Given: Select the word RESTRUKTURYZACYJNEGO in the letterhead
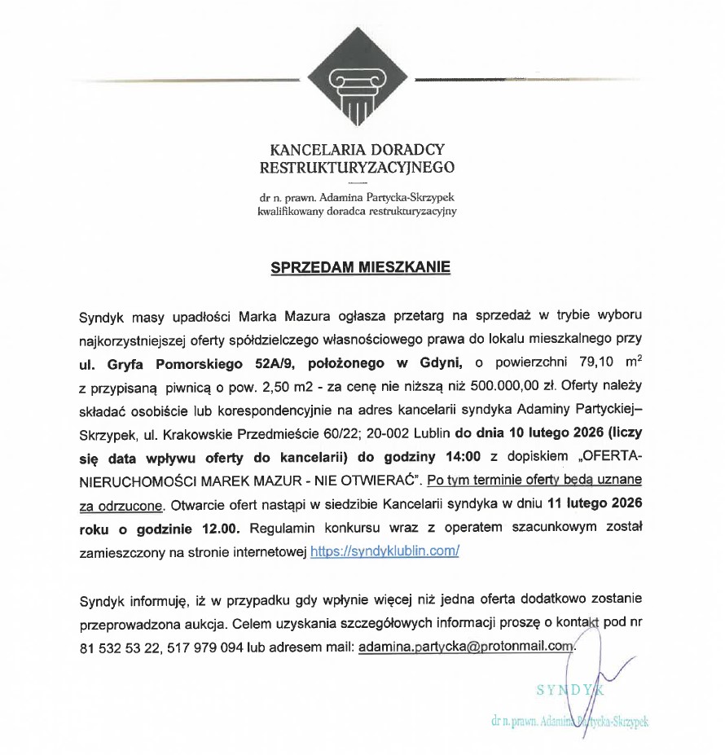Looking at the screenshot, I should (x=357, y=169).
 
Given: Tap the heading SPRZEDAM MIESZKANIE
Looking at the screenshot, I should (x=360, y=266).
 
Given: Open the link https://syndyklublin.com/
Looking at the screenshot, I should (x=385, y=551).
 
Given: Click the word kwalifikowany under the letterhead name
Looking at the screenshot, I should (x=288, y=210).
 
